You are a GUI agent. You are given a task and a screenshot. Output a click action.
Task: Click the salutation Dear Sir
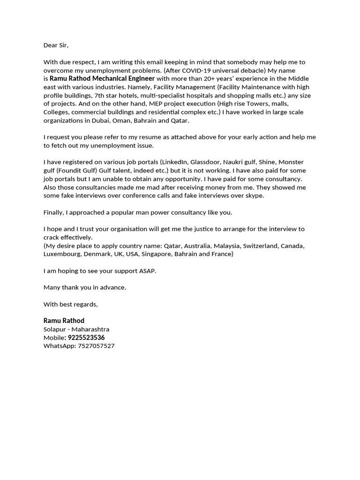56,45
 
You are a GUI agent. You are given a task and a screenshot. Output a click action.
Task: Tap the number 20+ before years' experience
210,78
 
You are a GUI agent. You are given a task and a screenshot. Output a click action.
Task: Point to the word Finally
54,212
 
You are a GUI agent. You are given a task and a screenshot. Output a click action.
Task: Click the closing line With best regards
71,304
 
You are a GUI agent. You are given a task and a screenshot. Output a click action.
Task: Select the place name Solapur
55,330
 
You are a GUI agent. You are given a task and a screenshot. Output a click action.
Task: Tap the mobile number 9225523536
86,337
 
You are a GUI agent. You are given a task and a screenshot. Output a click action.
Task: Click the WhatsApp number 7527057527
96,346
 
